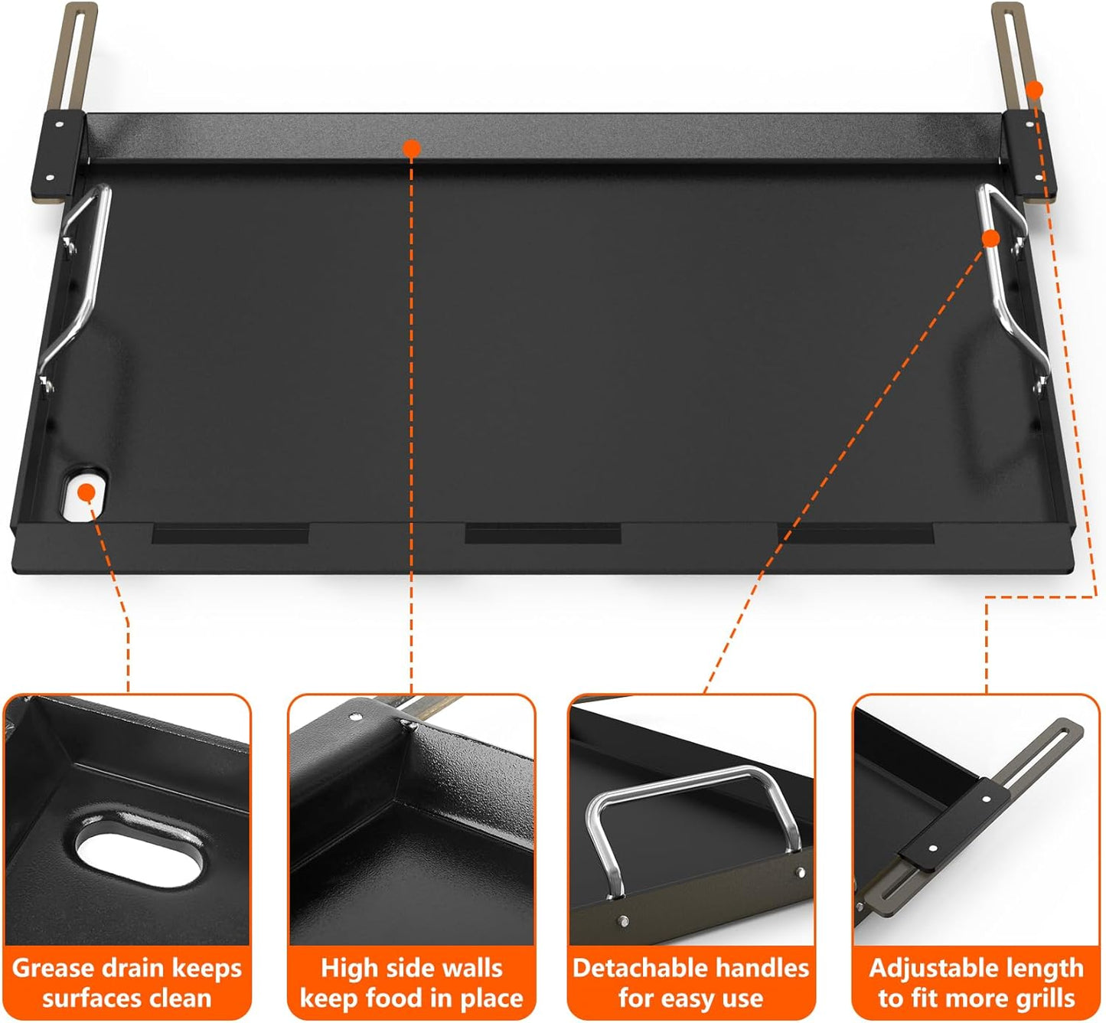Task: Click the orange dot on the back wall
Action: tap(412, 148)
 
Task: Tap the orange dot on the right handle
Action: tap(990, 238)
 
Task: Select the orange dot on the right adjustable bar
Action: tap(1034, 90)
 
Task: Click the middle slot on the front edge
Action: tap(543, 533)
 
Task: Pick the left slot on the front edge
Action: tap(230, 533)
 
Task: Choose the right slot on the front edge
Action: tap(856, 533)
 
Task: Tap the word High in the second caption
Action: tap(348, 969)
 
